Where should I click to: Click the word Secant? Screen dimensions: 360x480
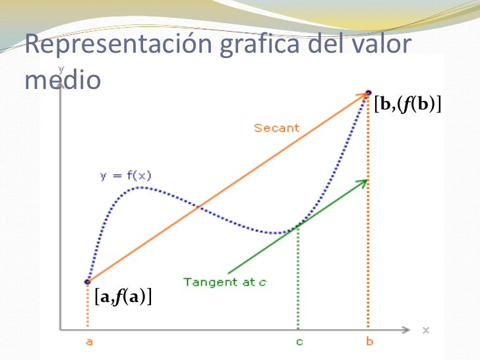(276, 128)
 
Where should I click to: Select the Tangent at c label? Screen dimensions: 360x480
(225, 282)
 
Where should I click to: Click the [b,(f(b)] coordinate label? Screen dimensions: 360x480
(407, 104)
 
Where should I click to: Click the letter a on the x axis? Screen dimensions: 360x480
(88, 343)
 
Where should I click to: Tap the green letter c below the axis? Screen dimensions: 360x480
(299, 343)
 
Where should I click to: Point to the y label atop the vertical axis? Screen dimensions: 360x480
(61, 68)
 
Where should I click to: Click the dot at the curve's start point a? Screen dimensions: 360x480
(88, 282)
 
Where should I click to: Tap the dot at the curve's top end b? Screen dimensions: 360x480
(368, 92)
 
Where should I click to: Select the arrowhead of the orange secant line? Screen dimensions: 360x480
(363, 96)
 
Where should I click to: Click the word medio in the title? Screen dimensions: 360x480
(62, 79)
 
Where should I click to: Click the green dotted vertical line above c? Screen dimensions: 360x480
(298, 277)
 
